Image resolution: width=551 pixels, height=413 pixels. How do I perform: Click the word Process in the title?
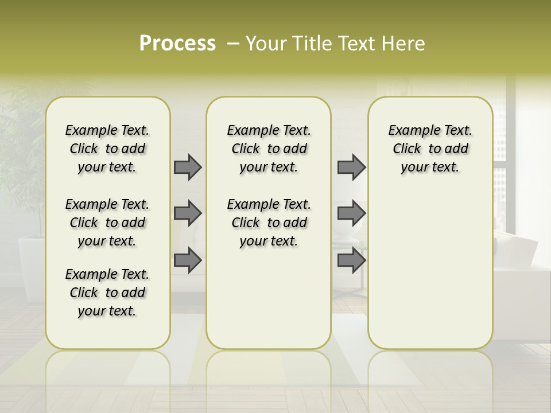(177, 43)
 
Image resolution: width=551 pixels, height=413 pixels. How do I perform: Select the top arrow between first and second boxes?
(188, 167)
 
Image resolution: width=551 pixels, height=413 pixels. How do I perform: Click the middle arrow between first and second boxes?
(188, 213)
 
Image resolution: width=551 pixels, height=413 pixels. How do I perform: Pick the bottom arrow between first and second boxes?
(188, 260)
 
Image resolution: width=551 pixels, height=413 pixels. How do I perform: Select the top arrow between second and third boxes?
(351, 167)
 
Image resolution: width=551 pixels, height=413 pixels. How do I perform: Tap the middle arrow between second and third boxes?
(351, 213)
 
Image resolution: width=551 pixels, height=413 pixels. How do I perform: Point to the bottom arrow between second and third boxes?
(351, 260)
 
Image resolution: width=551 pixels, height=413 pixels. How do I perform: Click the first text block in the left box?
(107, 149)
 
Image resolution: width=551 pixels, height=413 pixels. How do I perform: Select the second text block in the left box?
(107, 223)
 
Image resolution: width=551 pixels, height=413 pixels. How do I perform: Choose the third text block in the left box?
(107, 293)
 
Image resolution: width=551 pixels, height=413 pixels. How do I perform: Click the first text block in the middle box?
(269, 149)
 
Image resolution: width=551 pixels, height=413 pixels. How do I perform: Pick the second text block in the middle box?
(269, 223)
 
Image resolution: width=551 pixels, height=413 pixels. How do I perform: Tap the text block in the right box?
(430, 149)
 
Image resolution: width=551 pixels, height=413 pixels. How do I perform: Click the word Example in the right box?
(409, 131)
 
